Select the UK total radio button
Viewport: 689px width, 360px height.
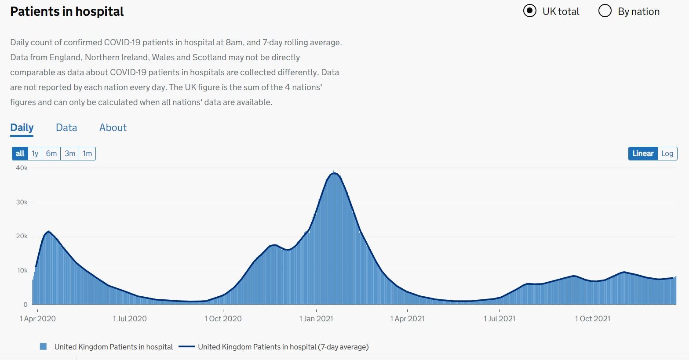pyautogui.click(x=530, y=11)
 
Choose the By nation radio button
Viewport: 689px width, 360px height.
pyautogui.click(x=605, y=11)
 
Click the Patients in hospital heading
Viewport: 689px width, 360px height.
pyautogui.click(x=67, y=11)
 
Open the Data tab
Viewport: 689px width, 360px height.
pyautogui.click(x=66, y=127)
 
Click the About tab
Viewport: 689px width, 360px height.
pyautogui.click(x=113, y=127)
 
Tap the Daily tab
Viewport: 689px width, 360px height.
pyautogui.click(x=22, y=127)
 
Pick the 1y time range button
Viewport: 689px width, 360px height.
pyautogui.click(x=35, y=153)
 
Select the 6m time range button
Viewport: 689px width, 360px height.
pyautogui.click(x=51, y=153)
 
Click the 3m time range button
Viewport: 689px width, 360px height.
pyautogui.click(x=70, y=153)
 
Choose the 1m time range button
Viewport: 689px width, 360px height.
pyautogui.click(x=87, y=153)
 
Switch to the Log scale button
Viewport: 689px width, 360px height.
pyautogui.click(x=667, y=153)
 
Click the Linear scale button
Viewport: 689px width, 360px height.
pyautogui.click(x=643, y=153)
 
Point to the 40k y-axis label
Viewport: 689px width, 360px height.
pyautogui.click(x=22, y=168)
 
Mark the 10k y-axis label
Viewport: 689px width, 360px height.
pyautogui.click(x=22, y=270)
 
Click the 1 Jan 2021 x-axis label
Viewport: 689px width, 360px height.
pyautogui.click(x=316, y=319)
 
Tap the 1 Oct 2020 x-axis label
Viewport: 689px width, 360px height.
pyautogui.click(x=223, y=319)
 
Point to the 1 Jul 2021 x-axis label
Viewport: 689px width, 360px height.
pyautogui.click(x=499, y=319)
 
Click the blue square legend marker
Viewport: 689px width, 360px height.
pyautogui.click(x=43, y=347)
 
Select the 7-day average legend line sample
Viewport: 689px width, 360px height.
pyautogui.click(x=187, y=347)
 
